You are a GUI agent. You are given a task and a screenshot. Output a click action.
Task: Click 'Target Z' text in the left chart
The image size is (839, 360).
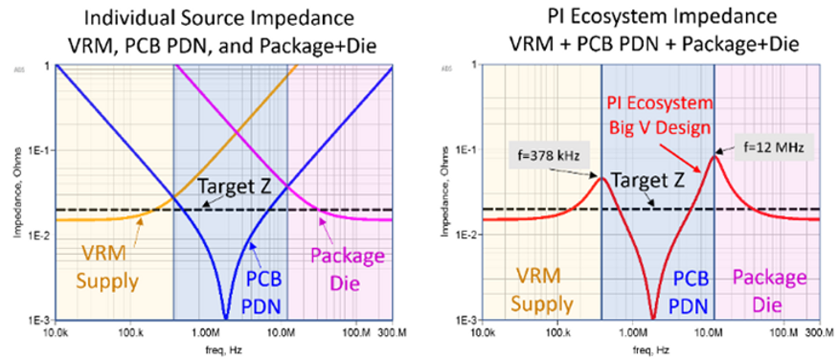click(x=227, y=191)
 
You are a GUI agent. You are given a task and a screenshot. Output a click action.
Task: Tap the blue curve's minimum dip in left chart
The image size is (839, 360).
click(x=225, y=316)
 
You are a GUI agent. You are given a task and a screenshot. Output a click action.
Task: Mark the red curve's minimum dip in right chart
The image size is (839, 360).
click(x=653, y=316)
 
